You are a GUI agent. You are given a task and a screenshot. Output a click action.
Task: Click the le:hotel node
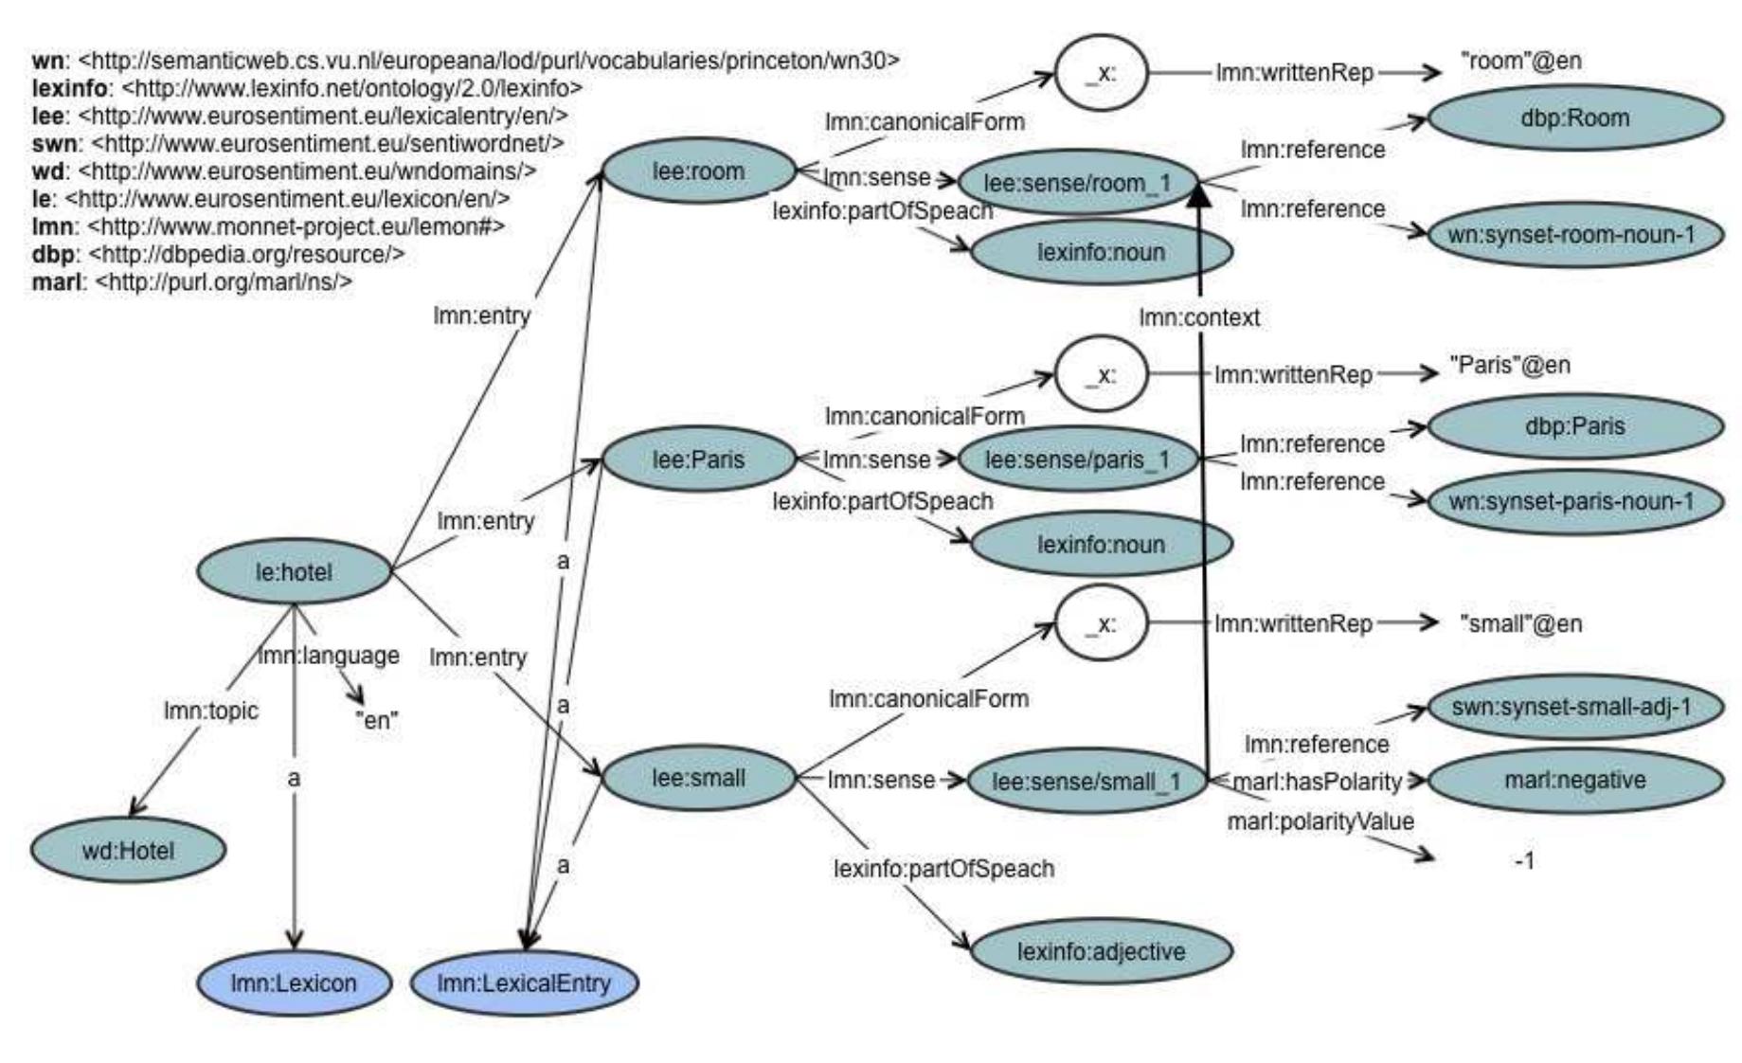pos(294,572)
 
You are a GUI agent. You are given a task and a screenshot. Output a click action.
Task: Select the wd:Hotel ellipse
pos(128,851)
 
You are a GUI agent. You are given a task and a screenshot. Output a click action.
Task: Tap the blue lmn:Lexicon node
pos(294,982)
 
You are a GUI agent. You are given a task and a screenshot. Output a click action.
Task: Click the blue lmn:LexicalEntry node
pos(524,982)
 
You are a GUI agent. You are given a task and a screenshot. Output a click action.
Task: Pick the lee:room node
pos(698,171)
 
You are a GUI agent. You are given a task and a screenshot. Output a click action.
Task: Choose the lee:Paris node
pos(698,459)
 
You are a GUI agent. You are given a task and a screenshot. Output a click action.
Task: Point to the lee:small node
pos(698,778)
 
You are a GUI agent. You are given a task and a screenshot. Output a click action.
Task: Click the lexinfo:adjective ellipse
pos(1101,951)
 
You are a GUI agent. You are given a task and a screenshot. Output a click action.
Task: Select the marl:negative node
pos(1574,780)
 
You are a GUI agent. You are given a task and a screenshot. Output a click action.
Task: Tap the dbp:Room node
pos(1574,118)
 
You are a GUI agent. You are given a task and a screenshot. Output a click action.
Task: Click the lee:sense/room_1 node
pos(1077,183)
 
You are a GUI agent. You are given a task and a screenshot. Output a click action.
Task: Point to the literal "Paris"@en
pos(1509,366)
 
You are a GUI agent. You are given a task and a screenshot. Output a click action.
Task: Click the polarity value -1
pos(1524,861)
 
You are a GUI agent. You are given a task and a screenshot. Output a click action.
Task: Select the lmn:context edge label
pos(1199,317)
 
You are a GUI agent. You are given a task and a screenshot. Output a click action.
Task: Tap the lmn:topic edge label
pos(210,711)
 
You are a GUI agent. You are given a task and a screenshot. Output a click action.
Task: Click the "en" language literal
pos(376,720)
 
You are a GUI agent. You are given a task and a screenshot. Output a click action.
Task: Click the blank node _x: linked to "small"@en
pos(1101,623)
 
